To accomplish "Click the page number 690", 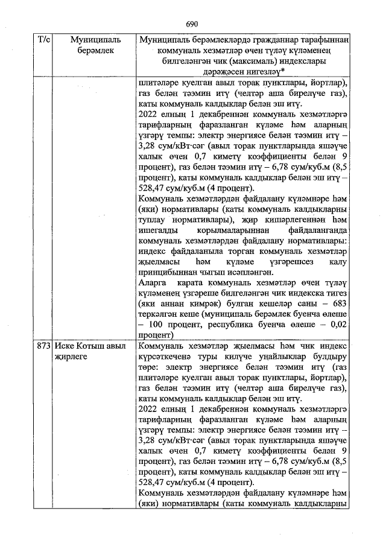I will (192, 24).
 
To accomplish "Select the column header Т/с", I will (43, 40).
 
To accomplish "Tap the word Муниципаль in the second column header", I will (96, 40).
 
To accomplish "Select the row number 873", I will (43, 346).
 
